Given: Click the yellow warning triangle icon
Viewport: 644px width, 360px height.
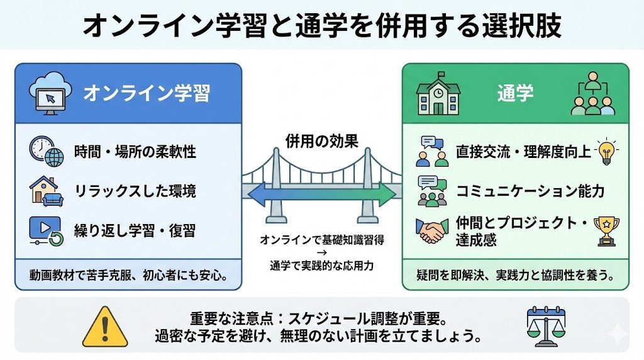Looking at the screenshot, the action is click(105, 327).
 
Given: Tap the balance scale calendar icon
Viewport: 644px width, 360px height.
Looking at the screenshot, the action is click(546, 327).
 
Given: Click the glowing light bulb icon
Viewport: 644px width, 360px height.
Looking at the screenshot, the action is click(606, 151).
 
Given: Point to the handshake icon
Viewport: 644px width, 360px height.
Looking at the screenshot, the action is click(431, 231).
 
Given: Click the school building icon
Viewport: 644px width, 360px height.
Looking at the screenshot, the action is click(438, 94).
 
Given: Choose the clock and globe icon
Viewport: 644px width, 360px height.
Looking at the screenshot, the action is click(47, 151).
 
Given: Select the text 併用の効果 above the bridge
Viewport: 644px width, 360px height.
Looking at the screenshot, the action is click(322, 142).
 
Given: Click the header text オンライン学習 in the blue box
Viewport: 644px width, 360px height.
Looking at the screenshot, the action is click(147, 93).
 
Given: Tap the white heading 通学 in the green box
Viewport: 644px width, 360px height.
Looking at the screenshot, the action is click(515, 93).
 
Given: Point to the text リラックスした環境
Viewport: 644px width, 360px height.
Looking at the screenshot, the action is click(135, 191).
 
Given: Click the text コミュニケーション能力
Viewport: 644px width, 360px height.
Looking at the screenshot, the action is click(530, 191).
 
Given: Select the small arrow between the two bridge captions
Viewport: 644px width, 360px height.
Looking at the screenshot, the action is click(322, 253).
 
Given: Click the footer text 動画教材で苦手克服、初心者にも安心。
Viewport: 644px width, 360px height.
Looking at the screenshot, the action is click(128, 275).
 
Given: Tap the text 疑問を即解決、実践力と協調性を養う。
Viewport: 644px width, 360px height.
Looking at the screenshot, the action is click(516, 275).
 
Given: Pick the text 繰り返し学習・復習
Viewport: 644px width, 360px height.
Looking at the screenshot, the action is click(135, 231).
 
